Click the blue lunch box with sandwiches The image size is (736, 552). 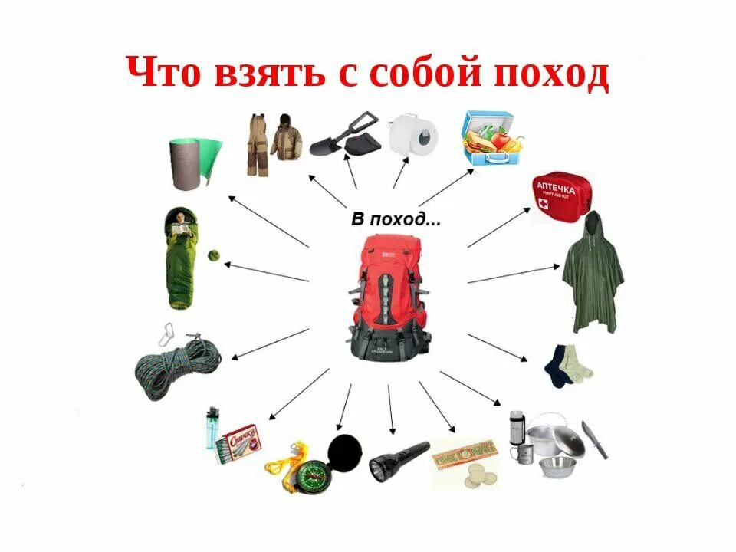[x=492, y=137]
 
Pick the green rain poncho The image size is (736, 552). [x=593, y=276]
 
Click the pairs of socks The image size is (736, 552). [x=568, y=365]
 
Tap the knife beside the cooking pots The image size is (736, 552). [x=594, y=439]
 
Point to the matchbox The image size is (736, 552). [x=240, y=443]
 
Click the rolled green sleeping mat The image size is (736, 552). [x=194, y=163]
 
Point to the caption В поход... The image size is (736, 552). [x=396, y=220]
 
